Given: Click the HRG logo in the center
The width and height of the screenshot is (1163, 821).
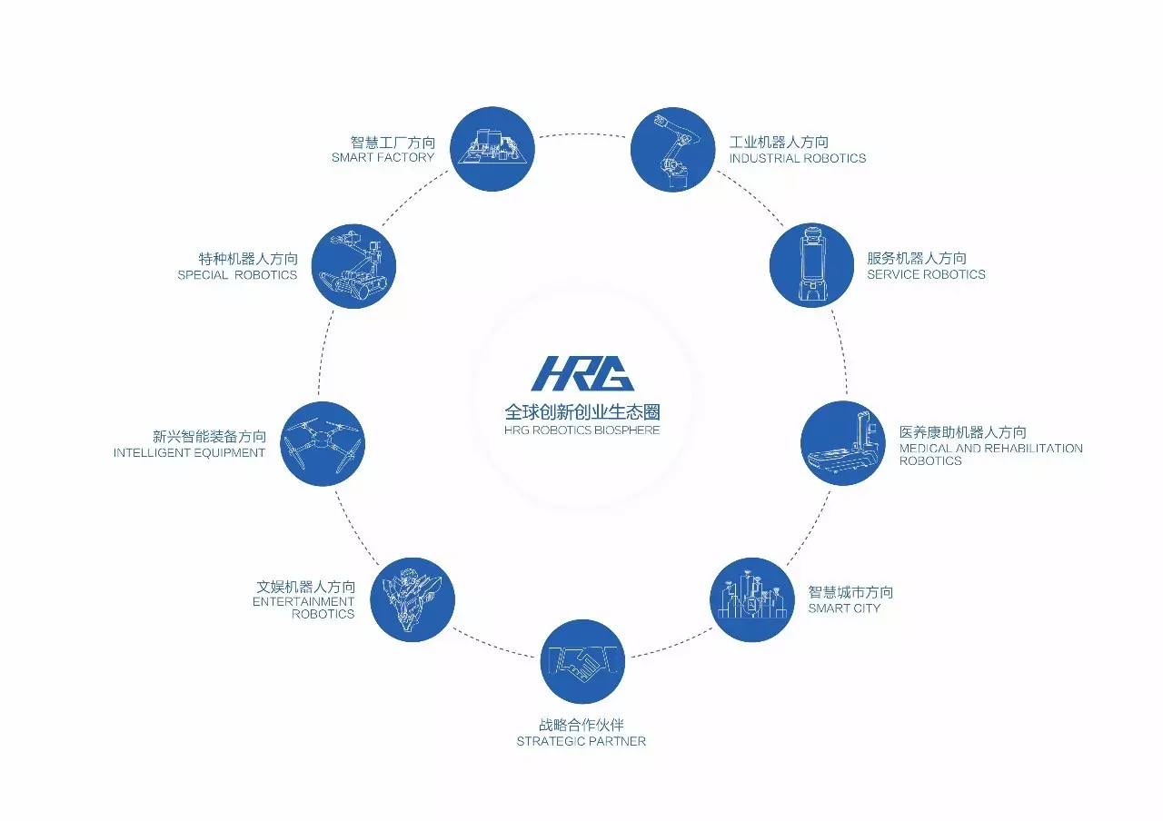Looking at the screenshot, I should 582,372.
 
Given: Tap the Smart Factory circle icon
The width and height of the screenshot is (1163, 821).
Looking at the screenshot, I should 492,149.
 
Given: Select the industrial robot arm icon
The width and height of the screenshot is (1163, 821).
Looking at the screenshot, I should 672,149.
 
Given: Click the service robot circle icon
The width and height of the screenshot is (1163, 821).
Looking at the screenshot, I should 811,265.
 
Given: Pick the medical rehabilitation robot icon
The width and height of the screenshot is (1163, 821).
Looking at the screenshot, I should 842,442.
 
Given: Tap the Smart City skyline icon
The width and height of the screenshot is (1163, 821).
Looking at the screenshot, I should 750,600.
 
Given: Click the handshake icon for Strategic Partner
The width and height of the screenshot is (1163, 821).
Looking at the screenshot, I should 582,660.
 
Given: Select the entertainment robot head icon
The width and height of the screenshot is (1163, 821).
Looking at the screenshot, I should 413,599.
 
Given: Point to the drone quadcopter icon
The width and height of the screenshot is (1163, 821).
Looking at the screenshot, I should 322,443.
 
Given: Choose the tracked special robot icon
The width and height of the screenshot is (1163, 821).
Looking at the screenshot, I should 353,266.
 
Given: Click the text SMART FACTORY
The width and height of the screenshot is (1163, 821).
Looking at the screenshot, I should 383,158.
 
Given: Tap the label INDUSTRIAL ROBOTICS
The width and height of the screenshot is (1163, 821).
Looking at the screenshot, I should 797,159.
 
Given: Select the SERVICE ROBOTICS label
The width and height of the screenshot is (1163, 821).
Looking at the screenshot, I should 926,274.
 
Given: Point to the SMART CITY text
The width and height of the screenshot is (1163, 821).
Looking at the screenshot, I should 844,608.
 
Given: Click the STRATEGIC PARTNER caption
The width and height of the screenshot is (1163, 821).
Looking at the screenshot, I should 581,741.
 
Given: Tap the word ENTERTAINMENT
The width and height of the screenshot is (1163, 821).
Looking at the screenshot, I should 303,601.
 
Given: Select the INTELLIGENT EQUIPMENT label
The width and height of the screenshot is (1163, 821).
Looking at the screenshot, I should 189,453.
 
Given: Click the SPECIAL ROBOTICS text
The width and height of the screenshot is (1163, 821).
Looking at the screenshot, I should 237,275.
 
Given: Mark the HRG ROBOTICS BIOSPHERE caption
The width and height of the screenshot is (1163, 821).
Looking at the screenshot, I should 581,430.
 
